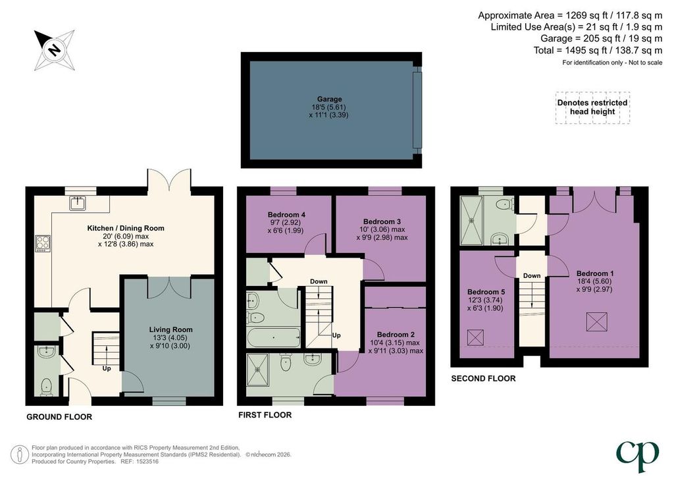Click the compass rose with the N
[x=55, y=50]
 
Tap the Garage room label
[x=329, y=99]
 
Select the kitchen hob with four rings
[x=43, y=243]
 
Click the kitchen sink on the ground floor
[x=78, y=202]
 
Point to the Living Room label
[x=170, y=329]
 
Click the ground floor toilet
[x=46, y=387]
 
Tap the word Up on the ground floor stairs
[x=107, y=368]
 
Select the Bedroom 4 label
[x=286, y=215]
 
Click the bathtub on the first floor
[x=273, y=337]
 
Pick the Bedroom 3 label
[x=382, y=221]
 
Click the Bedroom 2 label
[x=396, y=335]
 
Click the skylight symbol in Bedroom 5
[x=475, y=337]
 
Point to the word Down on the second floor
[x=532, y=275]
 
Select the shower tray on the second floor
[x=471, y=221]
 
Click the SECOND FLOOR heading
[x=483, y=378]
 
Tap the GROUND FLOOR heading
[x=59, y=417]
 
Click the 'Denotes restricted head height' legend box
[x=592, y=107]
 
